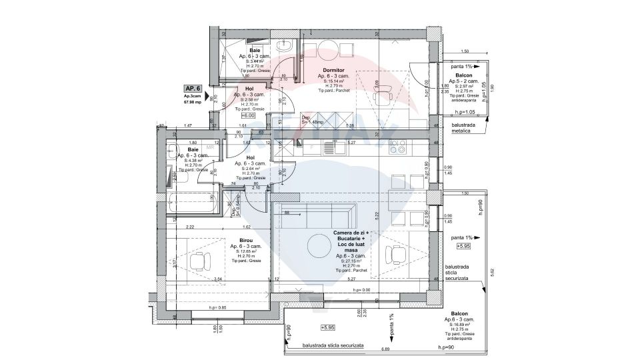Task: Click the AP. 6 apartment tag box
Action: (193, 88)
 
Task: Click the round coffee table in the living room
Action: (318, 245)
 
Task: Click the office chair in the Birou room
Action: (199, 260)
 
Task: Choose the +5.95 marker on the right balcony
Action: (464, 246)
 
